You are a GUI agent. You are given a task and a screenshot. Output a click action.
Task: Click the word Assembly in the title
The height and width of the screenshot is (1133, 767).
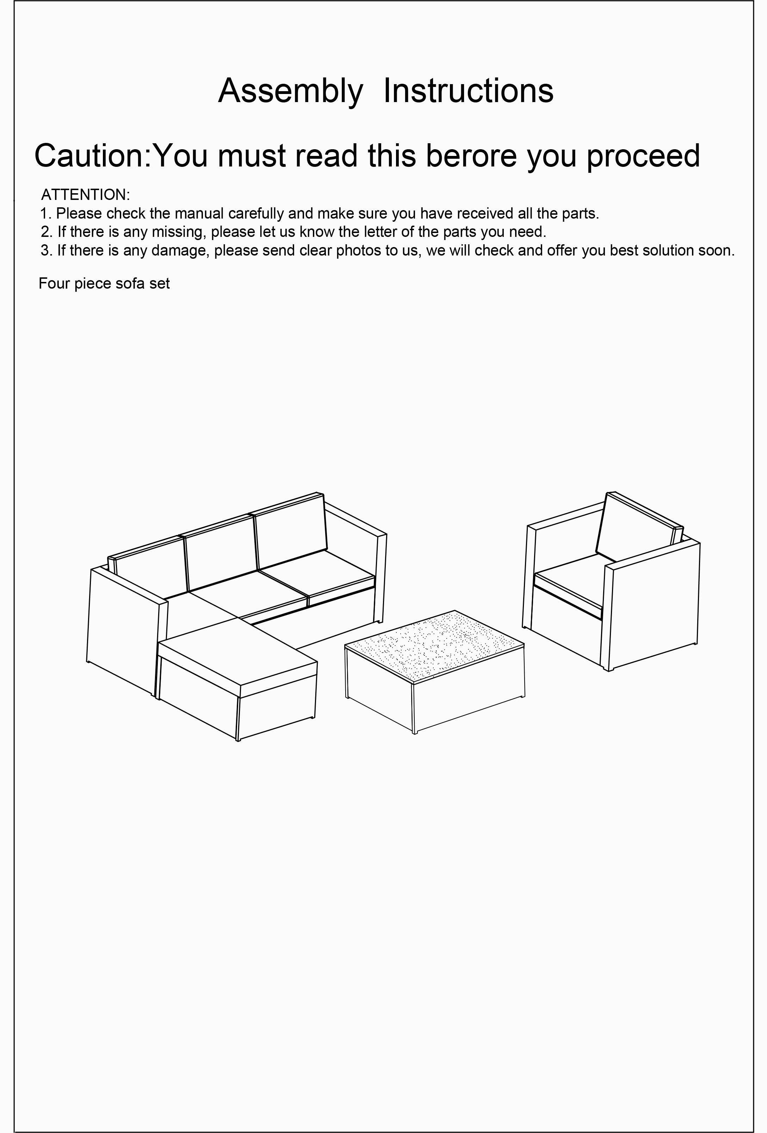tap(290, 91)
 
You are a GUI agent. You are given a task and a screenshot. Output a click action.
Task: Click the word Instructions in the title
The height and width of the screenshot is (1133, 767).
tap(468, 91)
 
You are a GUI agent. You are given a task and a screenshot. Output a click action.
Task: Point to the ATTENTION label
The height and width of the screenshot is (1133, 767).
tap(85, 195)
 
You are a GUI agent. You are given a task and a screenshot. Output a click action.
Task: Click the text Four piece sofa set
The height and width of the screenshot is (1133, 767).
tap(104, 283)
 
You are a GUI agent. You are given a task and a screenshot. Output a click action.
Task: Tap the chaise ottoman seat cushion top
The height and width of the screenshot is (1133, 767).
tap(238, 652)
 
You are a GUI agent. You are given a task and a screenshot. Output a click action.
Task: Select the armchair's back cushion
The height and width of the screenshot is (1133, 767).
tap(634, 529)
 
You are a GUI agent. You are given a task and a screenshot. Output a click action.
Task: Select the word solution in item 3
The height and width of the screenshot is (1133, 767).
tap(671, 251)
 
